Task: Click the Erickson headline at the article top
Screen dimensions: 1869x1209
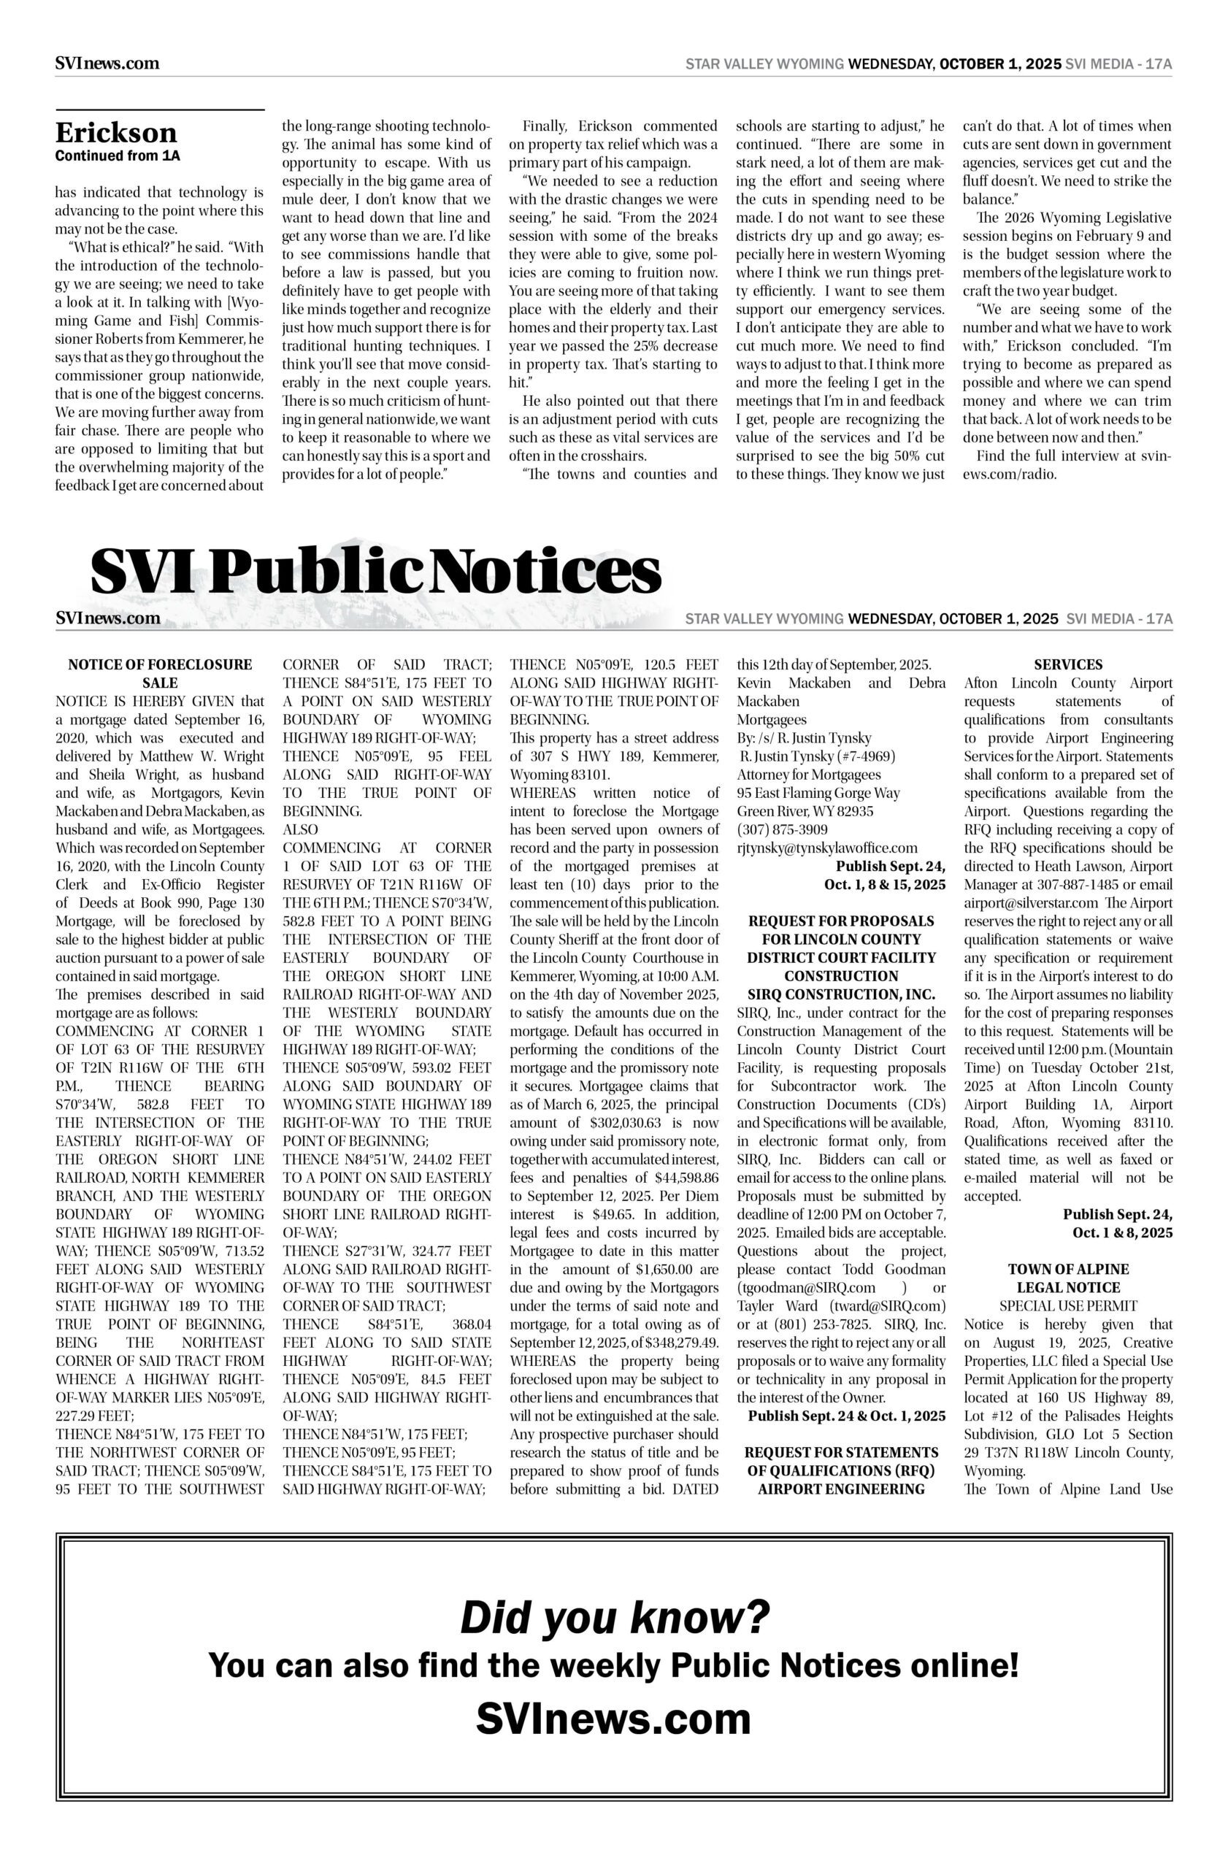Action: tap(115, 132)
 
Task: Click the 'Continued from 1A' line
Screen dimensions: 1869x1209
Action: tap(117, 156)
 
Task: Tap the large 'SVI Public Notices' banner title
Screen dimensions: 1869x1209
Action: tap(375, 572)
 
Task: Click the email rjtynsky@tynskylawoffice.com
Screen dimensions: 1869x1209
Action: tap(826, 848)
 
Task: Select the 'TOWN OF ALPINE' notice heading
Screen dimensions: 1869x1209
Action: tap(1067, 1270)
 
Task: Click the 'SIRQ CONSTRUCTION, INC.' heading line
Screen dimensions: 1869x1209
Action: tap(841, 994)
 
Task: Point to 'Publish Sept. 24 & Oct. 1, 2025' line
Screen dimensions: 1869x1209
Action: tap(845, 1416)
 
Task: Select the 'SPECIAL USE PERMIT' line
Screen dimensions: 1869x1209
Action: tap(1067, 1306)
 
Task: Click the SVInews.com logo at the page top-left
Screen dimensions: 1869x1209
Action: tap(107, 63)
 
